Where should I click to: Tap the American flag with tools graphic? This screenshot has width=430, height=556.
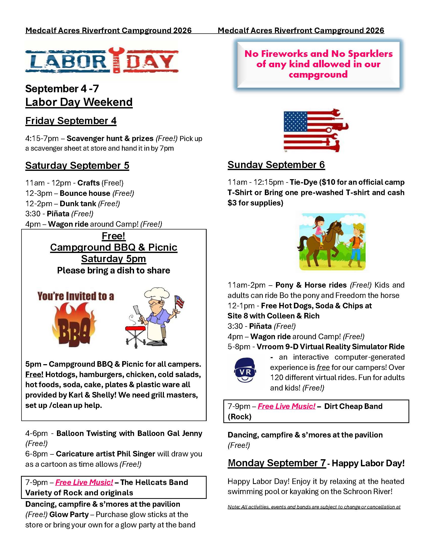316,131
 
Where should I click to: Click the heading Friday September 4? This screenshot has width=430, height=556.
71,121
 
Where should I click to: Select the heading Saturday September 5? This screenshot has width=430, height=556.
77,166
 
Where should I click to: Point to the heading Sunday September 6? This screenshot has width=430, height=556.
276,165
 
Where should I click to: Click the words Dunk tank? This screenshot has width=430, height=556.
78,204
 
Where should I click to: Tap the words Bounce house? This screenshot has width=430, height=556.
85,193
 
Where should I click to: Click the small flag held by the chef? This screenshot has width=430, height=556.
180,302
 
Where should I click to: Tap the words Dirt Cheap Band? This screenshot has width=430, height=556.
353,406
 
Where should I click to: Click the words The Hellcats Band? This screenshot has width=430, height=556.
154,482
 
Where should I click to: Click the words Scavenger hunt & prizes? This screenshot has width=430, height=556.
110,138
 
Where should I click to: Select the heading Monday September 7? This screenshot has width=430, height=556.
277,463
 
